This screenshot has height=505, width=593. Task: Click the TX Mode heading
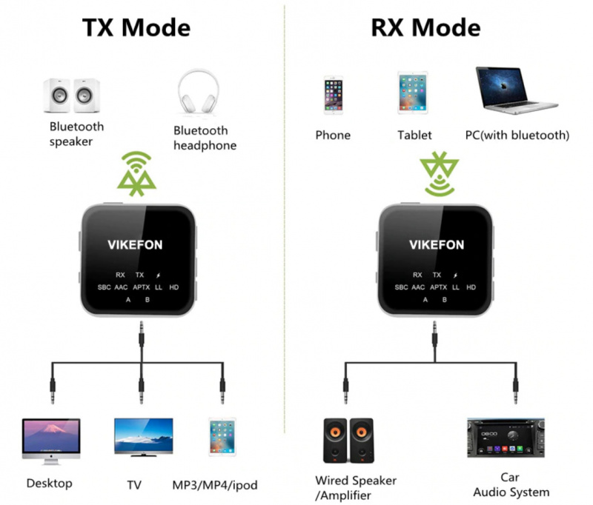[x=136, y=27]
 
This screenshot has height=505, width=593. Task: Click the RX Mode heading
[x=425, y=27]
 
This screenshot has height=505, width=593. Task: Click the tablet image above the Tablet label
[x=413, y=92]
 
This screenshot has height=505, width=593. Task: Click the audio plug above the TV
[x=141, y=388]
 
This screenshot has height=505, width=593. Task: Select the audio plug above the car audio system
[x=513, y=388]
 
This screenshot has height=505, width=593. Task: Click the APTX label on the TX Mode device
[x=142, y=287]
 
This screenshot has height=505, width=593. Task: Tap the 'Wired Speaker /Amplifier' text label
[x=356, y=488]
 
